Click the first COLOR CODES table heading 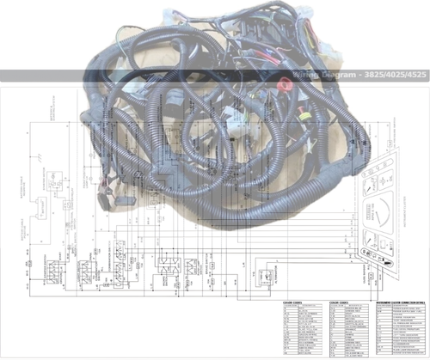pos(296,302)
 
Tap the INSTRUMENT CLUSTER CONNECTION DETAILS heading pos(401,302)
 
